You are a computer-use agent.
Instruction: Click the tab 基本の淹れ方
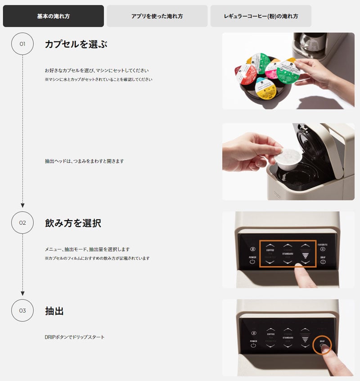pyautogui.click(x=53, y=16)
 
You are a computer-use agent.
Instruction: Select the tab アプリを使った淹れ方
pyautogui.click(x=157, y=16)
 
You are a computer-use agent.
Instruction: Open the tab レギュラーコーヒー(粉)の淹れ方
pyautogui.click(x=261, y=16)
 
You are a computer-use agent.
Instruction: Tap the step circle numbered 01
pyautogui.click(x=22, y=44)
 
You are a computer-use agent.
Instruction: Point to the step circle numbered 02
pyautogui.click(x=22, y=222)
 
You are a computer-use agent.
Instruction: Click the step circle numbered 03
pyautogui.click(x=22, y=310)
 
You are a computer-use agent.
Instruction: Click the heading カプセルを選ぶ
pyautogui.click(x=76, y=44)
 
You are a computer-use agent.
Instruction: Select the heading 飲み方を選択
pyautogui.click(x=73, y=223)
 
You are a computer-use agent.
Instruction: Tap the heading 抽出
pyautogui.click(x=54, y=311)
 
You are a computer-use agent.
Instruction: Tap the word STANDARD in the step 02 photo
pyautogui.click(x=288, y=254)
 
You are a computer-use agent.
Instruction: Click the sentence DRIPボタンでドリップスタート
pyautogui.click(x=74, y=337)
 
